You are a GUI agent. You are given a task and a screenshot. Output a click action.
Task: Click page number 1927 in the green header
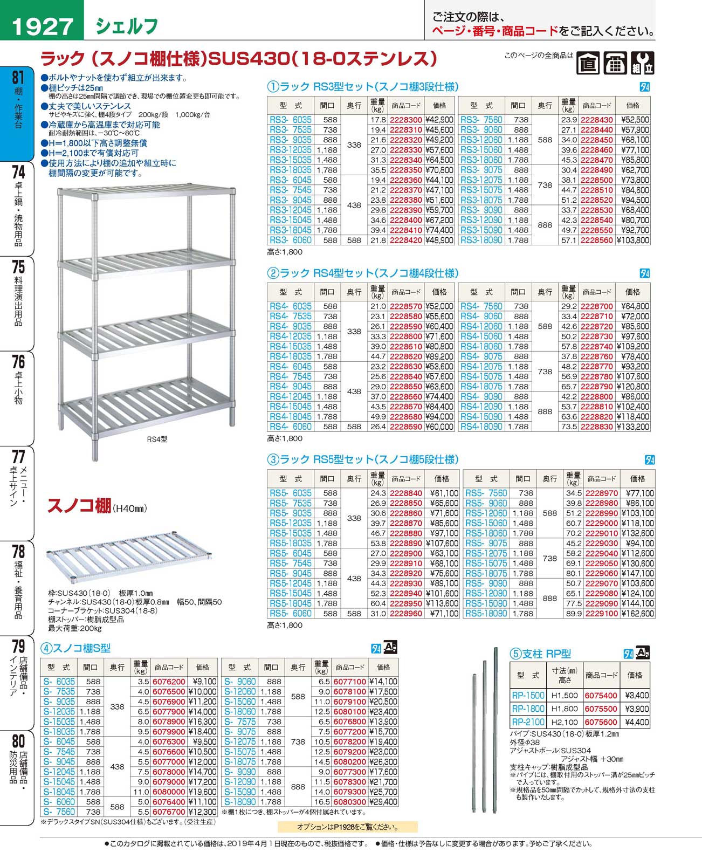tap(42, 26)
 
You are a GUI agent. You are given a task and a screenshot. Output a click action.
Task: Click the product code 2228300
tap(405, 120)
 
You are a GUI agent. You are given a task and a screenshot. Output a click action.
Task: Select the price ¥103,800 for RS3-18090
tap(632, 240)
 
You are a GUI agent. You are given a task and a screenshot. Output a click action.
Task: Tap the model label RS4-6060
tap(290, 427)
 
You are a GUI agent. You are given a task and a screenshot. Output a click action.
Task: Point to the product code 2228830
tap(596, 427)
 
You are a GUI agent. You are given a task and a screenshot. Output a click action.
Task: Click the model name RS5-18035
tap(290, 543)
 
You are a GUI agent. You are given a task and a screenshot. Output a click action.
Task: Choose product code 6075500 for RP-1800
tap(601, 709)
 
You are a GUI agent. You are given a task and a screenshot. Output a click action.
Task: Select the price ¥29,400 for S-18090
tap(383, 802)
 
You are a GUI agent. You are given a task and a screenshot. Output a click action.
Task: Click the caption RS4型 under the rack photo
tap(157, 439)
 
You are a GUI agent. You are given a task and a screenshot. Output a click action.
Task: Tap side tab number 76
tap(18, 362)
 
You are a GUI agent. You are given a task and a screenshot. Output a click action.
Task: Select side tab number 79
tap(18, 646)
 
